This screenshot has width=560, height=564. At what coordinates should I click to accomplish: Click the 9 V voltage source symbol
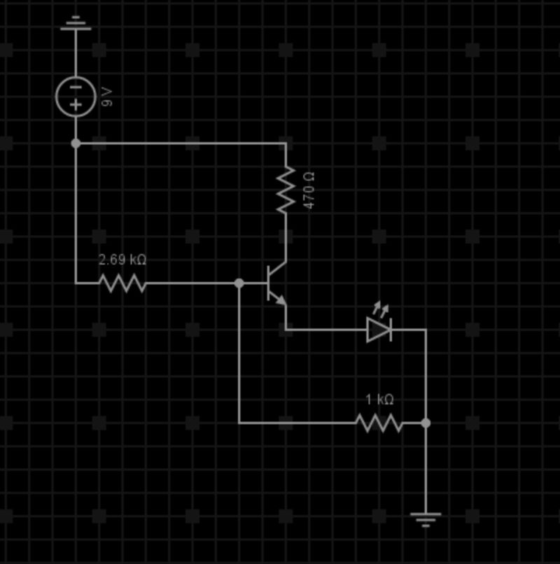pyautogui.click(x=76, y=96)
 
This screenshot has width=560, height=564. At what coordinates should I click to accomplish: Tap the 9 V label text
pyautogui.click(x=107, y=97)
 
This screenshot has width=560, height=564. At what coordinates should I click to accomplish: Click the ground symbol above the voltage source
pyautogui.click(x=76, y=24)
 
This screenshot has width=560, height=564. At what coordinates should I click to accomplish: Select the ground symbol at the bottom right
pyautogui.click(x=426, y=519)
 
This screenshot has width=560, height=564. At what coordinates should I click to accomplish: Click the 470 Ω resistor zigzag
pyautogui.click(x=286, y=190)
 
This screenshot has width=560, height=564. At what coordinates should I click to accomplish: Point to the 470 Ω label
pyautogui.click(x=309, y=190)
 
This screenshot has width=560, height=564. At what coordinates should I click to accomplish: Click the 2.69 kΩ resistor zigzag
pyautogui.click(x=122, y=283)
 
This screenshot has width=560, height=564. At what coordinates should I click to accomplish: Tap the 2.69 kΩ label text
pyautogui.click(x=122, y=260)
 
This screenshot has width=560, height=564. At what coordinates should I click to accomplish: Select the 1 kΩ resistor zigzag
pyautogui.click(x=379, y=423)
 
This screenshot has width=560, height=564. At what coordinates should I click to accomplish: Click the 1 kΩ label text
pyautogui.click(x=379, y=400)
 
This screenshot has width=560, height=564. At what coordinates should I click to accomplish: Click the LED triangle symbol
pyautogui.click(x=379, y=330)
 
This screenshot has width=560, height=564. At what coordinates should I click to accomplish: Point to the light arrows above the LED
pyautogui.click(x=380, y=307)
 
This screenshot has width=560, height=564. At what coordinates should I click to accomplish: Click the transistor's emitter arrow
pyautogui.click(x=280, y=299)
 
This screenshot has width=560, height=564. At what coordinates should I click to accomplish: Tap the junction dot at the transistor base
pyautogui.click(x=239, y=283)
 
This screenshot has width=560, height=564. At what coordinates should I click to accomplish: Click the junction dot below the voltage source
pyautogui.click(x=76, y=143)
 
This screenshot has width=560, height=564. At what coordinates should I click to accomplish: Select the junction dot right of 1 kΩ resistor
pyautogui.click(x=426, y=423)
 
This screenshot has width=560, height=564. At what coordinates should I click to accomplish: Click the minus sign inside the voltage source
pyautogui.click(x=76, y=87)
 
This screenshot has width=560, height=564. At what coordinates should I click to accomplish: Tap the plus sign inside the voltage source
pyautogui.click(x=76, y=105)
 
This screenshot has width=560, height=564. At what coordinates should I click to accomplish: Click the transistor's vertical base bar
pyautogui.click(x=269, y=283)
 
